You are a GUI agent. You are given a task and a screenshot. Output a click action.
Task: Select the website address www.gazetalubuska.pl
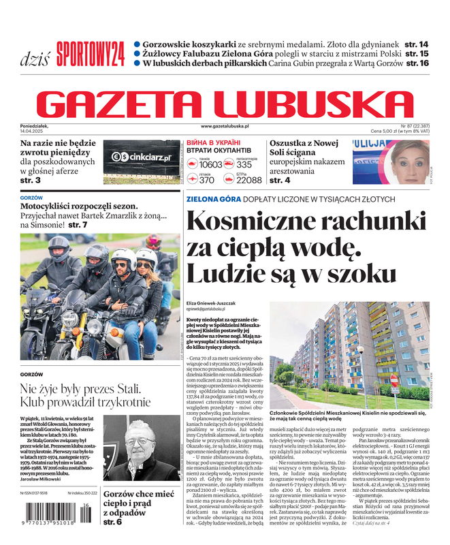coord(225,127)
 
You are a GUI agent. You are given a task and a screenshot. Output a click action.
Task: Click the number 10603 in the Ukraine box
coord(210,164)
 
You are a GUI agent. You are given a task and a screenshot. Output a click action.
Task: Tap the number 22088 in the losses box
coord(248,180)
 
